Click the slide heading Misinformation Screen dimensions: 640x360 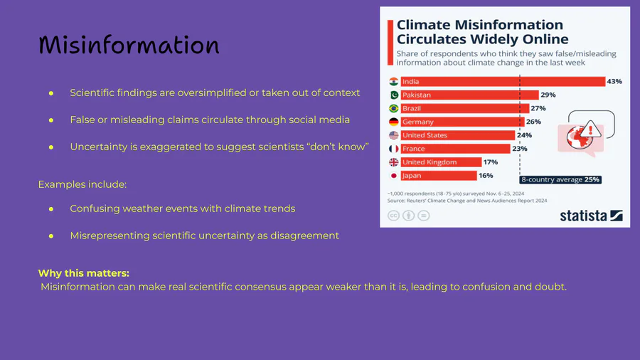(x=129, y=45)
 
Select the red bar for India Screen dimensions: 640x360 (x=503, y=82)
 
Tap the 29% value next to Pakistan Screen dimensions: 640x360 (x=548, y=95)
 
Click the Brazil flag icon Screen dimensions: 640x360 (x=393, y=108)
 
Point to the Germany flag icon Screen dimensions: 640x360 (x=393, y=122)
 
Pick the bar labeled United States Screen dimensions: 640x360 (x=457, y=135)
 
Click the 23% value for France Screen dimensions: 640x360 (x=520, y=149)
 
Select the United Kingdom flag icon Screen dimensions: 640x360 (x=393, y=162)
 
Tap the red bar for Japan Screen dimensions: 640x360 (x=439, y=176)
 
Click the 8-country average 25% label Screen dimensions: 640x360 (x=560, y=179)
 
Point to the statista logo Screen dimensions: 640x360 (x=591, y=215)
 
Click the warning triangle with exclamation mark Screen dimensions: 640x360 (x=590, y=129)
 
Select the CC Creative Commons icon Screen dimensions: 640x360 (x=393, y=216)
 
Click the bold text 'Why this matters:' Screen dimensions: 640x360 (x=84, y=273)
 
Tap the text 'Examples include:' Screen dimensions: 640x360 (x=82, y=184)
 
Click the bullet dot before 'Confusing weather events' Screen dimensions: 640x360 (x=51, y=209)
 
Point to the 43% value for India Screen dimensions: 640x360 (x=614, y=81)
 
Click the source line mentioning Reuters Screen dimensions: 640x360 (x=467, y=201)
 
